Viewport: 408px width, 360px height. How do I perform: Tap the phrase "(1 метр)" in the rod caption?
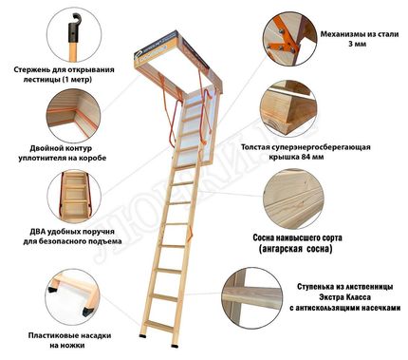76,80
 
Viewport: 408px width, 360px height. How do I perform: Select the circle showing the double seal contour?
74,116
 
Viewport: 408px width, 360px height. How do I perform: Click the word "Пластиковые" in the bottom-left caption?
50,335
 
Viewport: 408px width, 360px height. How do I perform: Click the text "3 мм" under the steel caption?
358,44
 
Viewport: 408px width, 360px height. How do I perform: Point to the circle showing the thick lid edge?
288,108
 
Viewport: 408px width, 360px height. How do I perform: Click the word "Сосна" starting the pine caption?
264,237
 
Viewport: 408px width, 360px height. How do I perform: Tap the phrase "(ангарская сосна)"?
295,249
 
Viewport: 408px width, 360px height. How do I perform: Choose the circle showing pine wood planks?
293,199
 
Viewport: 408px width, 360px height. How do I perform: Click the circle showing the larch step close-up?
252,298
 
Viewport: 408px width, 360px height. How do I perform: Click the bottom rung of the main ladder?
158,326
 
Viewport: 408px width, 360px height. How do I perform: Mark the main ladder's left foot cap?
143,334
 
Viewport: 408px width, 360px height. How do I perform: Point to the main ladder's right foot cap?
175,345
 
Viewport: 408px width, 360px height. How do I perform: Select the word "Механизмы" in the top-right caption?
341,34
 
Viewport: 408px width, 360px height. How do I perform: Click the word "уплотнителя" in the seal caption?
40,158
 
